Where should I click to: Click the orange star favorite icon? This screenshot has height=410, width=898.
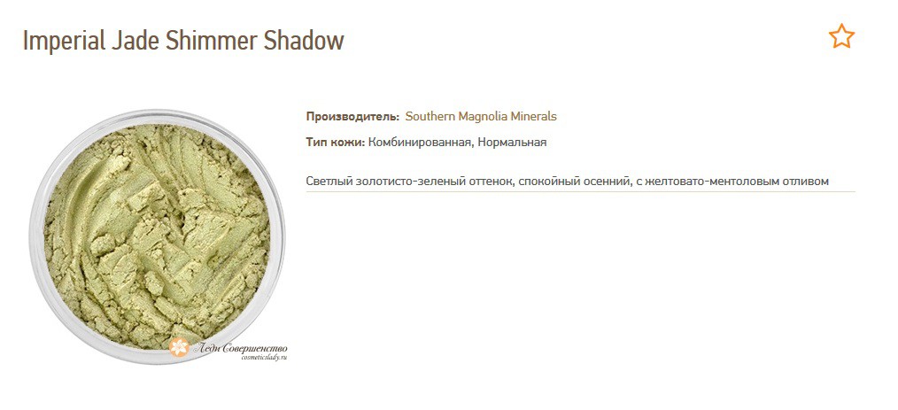coord(841,36)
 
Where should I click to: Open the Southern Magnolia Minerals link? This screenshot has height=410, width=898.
coord(481,117)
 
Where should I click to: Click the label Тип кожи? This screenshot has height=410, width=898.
coord(335,143)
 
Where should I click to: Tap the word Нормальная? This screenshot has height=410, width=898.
coord(515,143)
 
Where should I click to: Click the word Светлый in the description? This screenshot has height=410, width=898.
coord(329,182)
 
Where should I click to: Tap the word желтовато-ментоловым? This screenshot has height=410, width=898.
coord(716,182)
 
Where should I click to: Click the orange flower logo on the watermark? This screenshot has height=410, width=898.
coord(180,347)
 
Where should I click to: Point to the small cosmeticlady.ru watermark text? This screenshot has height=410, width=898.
coord(263,357)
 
